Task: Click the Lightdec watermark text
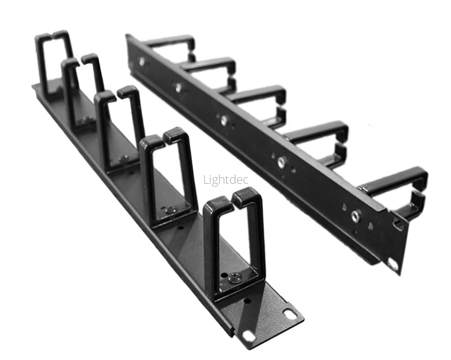point(226,180)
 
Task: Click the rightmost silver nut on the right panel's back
point(355,215)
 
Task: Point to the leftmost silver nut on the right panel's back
point(142,61)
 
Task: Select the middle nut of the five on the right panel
point(224,120)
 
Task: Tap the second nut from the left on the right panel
point(178,87)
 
